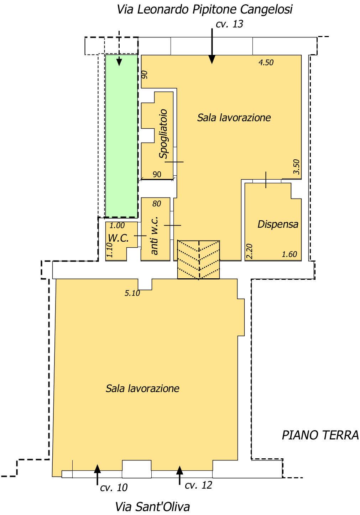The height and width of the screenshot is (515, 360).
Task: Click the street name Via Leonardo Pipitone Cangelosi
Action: (204, 10)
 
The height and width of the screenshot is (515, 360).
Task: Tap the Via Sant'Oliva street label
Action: (152, 507)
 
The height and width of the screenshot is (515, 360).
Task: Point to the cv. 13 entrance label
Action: (229, 24)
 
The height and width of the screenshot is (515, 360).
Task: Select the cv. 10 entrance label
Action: (114, 488)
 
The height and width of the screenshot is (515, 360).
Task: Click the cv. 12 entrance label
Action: (198, 485)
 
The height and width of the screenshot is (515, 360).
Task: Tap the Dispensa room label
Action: (278, 224)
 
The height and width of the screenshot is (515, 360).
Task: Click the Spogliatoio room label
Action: (163, 134)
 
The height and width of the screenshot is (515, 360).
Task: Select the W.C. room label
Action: (118, 238)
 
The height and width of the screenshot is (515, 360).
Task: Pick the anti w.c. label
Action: (154, 235)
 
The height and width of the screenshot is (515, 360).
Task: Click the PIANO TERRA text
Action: (320, 435)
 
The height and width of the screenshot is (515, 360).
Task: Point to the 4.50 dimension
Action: (266, 62)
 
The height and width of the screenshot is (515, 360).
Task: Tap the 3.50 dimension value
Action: (297, 167)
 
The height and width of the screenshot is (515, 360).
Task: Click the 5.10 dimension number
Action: (132, 293)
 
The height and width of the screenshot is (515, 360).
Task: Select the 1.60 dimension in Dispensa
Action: (289, 254)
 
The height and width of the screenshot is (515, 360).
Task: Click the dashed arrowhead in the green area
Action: (119, 62)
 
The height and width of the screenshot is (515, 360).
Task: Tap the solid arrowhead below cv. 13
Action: (212, 60)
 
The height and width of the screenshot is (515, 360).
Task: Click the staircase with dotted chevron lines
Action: (198, 260)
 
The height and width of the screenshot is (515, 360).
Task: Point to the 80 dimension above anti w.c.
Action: (157, 204)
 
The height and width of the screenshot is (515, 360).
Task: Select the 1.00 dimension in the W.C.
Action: (117, 226)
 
